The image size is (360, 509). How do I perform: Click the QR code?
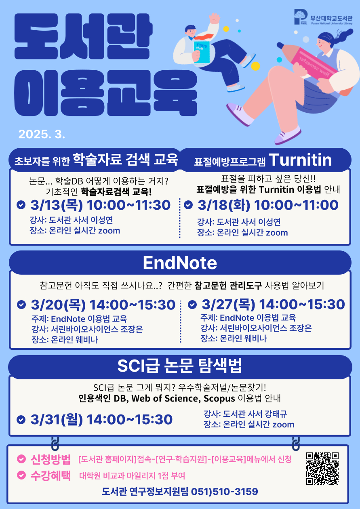click(x=322, y=468)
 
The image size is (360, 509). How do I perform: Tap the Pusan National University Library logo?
click(x=323, y=17)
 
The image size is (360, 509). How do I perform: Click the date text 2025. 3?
click(x=42, y=134)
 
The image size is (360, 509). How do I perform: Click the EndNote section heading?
click(x=180, y=263)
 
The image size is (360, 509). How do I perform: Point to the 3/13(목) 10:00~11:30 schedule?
click(x=101, y=205)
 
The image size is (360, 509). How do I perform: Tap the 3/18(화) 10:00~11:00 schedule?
click(x=268, y=205)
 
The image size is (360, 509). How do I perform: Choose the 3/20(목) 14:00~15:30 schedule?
click(x=103, y=305)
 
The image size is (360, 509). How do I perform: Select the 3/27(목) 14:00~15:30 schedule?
click(x=273, y=304)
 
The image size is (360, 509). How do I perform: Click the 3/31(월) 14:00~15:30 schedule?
click(x=101, y=419)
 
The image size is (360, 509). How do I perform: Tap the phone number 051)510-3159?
click(x=225, y=492)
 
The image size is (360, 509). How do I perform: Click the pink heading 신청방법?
click(x=51, y=459)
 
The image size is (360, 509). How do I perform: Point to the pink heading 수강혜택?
click(x=51, y=475)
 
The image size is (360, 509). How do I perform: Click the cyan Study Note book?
click(x=202, y=52)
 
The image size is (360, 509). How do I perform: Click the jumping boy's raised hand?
click(x=215, y=18)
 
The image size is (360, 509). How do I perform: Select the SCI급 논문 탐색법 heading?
click(x=179, y=366)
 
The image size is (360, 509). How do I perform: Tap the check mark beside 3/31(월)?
click(x=21, y=420)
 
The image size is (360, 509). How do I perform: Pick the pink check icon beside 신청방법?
click(x=21, y=459)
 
